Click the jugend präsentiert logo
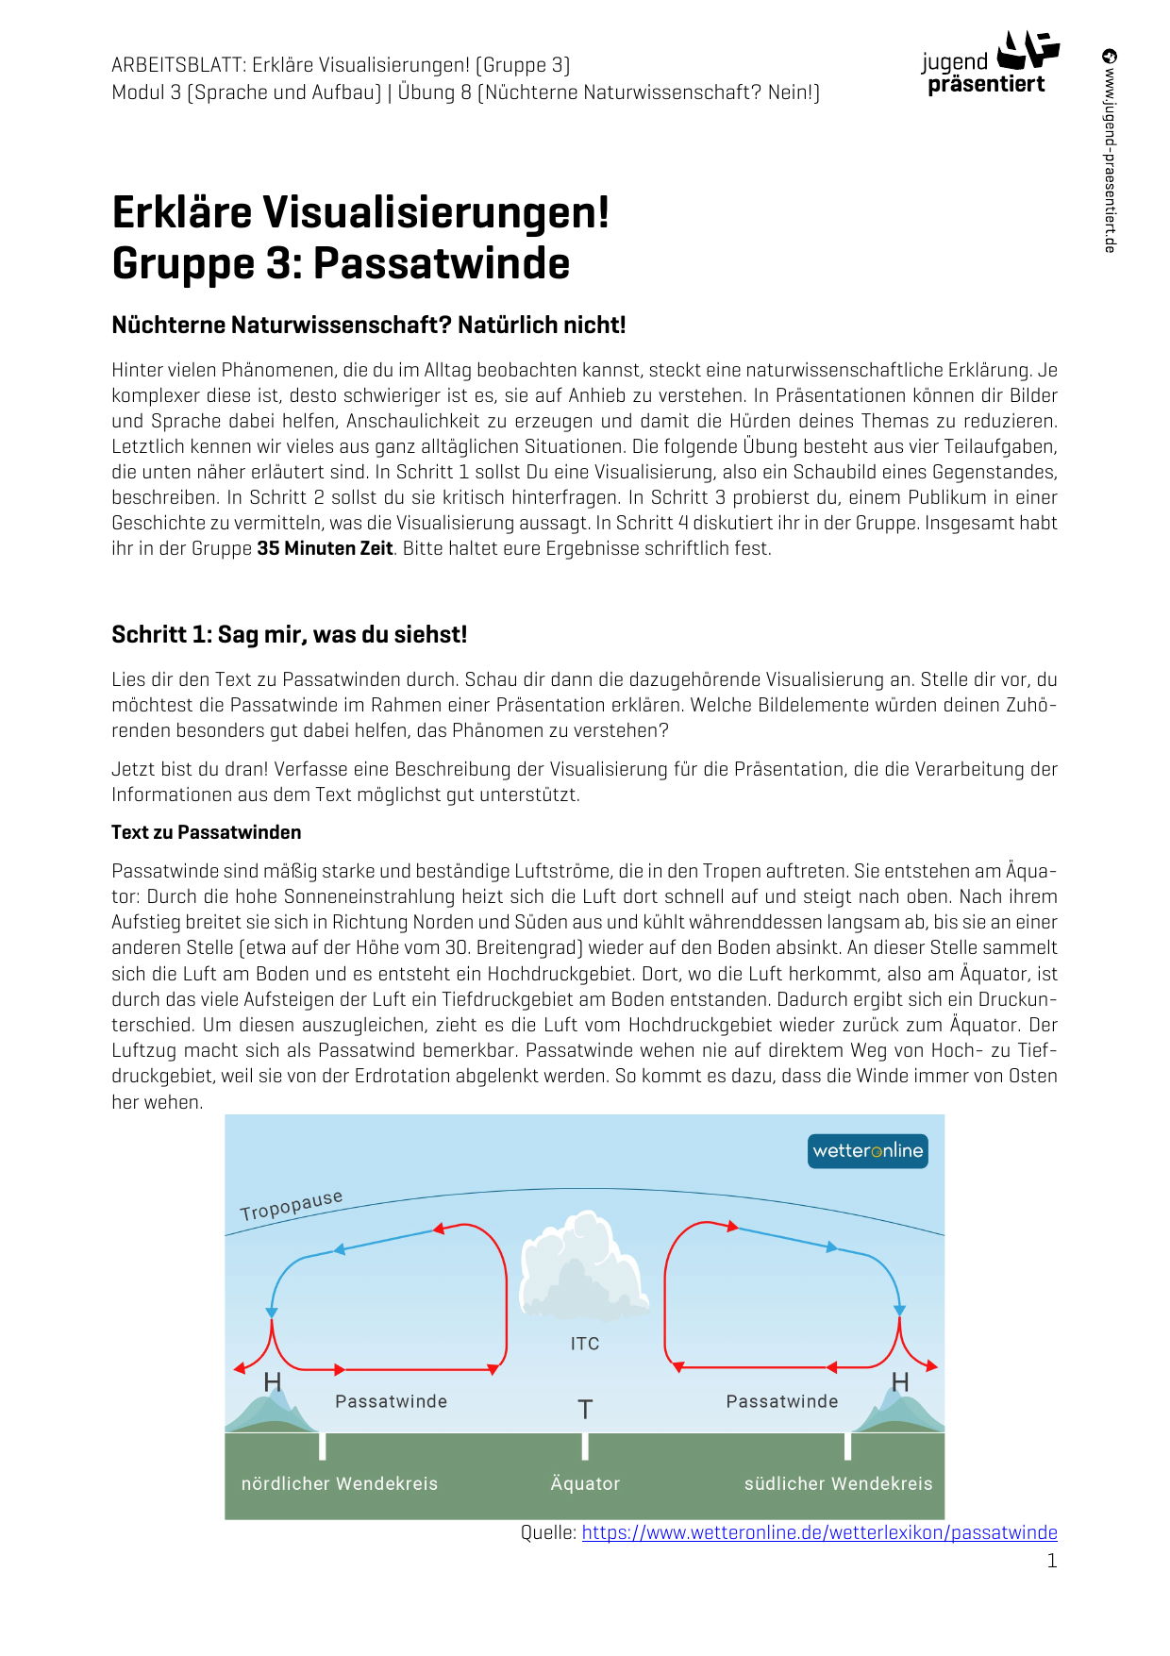coord(989,64)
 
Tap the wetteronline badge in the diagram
coord(867,1151)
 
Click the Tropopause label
coord(291,1205)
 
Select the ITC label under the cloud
coord(585,1344)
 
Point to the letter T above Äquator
coord(585,1410)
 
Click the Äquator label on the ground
coord(585,1484)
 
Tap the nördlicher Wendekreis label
coord(340,1484)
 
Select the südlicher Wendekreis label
coord(838,1484)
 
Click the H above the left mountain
coord(273,1382)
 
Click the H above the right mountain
coord(900,1382)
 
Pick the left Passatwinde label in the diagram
coord(391,1402)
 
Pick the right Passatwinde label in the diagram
coord(781,1402)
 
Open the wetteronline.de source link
coord(819,1533)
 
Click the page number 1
coord(1052,1562)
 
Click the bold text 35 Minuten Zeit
coord(325,549)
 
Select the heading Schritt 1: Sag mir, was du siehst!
coord(289,635)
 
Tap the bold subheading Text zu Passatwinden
coord(206,832)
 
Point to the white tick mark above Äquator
coord(585,1446)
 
